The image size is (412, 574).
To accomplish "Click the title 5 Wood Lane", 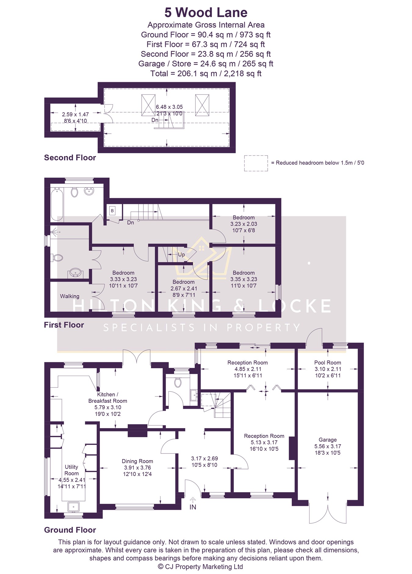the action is pyautogui.click(x=206, y=13).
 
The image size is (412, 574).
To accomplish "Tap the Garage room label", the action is pyautogui.click(x=327, y=440).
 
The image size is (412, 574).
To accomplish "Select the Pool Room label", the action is pyautogui.click(x=327, y=363).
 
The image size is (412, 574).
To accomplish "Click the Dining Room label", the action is pyautogui.click(x=137, y=461).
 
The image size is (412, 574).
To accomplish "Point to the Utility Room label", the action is pyautogui.click(x=71, y=470).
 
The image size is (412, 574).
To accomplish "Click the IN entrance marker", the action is pyautogui.click(x=193, y=507).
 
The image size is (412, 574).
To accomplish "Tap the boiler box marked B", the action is pyautogui.click(x=112, y=211).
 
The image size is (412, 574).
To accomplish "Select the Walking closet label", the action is pyautogui.click(x=70, y=296).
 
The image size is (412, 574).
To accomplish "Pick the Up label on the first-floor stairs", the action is pyautogui.click(x=181, y=255).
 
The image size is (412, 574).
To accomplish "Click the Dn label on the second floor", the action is pyautogui.click(x=155, y=120).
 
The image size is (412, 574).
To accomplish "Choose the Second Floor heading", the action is pyautogui.click(x=70, y=157).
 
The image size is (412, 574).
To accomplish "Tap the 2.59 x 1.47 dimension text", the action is pyautogui.click(x=75, y=114).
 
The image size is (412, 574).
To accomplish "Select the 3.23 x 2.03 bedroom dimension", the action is pyautogui.click(x=244, y=224).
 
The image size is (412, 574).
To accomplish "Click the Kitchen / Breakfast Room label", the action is pyautogui.click(x=107, y=398).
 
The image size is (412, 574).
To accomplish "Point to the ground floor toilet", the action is pyautogui.click(x=178, y=382).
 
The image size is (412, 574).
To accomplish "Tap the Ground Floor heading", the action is pyautogui.click(x=70, y=530).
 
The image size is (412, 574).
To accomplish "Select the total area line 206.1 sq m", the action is pyautogui.click(x=206, y=74).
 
